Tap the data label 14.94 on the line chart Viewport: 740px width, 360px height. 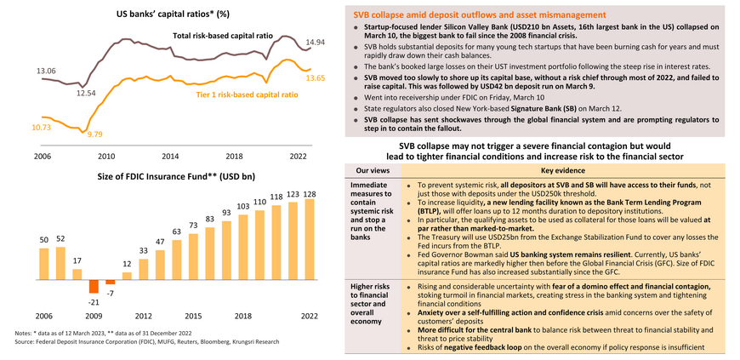coord(316,43)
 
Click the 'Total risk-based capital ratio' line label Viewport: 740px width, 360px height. coord(224,37)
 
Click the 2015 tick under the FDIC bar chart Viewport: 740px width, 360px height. coord(194,315)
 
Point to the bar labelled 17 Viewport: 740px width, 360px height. coord(77,272)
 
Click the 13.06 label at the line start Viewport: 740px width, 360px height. coord(45,71)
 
